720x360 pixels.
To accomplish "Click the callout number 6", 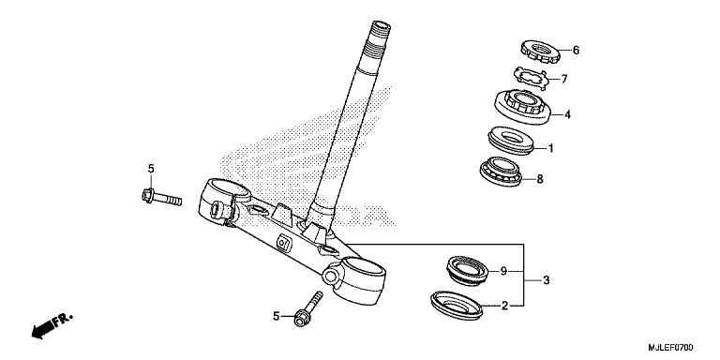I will [x=577, y=51].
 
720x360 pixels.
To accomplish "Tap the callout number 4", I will [x=567, y=116].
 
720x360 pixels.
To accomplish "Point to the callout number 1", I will [x=551, y=148].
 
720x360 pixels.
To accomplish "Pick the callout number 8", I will [x=566, y=178].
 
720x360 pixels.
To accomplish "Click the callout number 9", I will [x=503, y=271].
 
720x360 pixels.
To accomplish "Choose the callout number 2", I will [x=503, y=305].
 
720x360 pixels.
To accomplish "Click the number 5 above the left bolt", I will [x=149, y=169].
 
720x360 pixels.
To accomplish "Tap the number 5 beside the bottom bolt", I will [x=277, y=317].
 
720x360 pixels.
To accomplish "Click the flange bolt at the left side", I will [x=158, y=197].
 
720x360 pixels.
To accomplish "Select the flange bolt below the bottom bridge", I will [x=307, y=309].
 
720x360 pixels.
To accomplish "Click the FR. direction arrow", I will [x=52, y=325].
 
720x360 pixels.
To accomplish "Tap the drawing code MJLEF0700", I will [x=680, y=348].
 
